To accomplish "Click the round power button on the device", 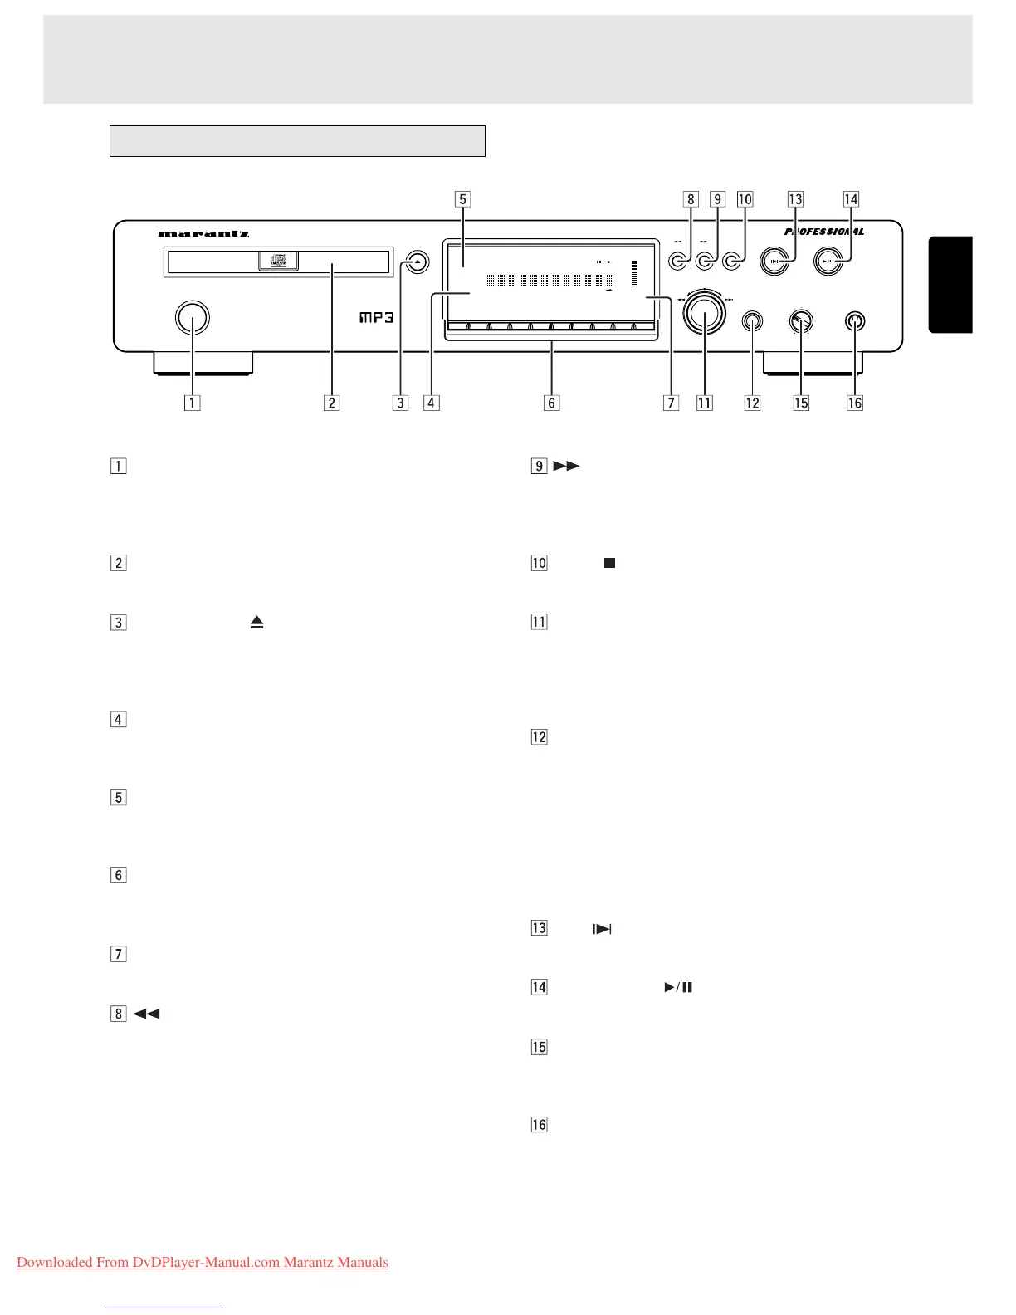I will tap(193, 317).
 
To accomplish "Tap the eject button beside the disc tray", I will tap(418, 262).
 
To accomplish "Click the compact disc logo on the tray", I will tap(279, 262).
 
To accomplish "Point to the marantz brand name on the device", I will tap(203, 234).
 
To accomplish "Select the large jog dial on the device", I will tap(704, 314).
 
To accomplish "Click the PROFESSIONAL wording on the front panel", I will tap(823, 232).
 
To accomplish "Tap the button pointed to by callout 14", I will tap(828, 262).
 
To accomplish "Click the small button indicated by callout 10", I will tap(732, 262).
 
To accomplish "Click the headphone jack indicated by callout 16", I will tap(855, 321).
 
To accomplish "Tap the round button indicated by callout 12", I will tap(752, 321).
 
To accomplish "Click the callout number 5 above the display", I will tap(463, 199).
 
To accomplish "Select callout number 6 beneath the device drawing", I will tap(551, 403).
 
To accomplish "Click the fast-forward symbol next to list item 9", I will tap(566, 466).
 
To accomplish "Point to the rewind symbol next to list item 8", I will tap(146, 1014).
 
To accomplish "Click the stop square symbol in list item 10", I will tap(609, 563).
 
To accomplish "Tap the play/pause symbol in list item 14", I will tap(678, 987).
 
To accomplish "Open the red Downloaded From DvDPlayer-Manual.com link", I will tap(203, 1263).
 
